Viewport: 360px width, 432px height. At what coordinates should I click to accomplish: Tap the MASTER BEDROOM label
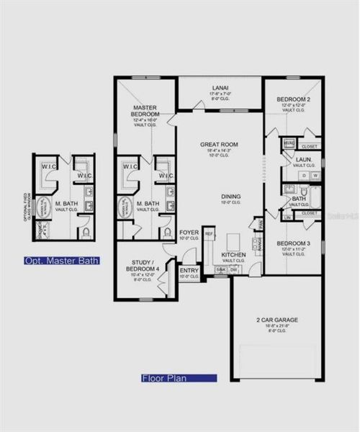coord(145,112)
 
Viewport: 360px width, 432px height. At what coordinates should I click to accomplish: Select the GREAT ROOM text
coord(220,145)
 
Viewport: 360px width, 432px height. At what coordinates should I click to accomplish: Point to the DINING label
coord(231,197)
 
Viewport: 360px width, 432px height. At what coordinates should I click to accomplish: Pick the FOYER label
coord(189,233)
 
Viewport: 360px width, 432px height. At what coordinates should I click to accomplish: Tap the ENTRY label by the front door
coord(189,271)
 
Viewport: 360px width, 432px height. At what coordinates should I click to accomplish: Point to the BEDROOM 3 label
coord(293,243)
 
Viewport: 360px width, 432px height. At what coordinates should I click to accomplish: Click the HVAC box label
coord(289,143)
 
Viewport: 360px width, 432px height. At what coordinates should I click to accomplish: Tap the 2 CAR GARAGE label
coord(276,319)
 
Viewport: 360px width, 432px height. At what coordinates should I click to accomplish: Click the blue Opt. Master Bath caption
coord(61,260)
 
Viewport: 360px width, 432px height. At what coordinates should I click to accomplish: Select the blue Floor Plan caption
coord(178,377)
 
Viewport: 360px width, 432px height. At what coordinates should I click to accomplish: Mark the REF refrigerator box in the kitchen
coord(209,233)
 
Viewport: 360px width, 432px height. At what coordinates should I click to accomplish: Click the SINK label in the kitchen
coord(220,269)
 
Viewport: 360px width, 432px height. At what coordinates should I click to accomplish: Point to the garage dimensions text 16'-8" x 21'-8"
coord(276,326)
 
